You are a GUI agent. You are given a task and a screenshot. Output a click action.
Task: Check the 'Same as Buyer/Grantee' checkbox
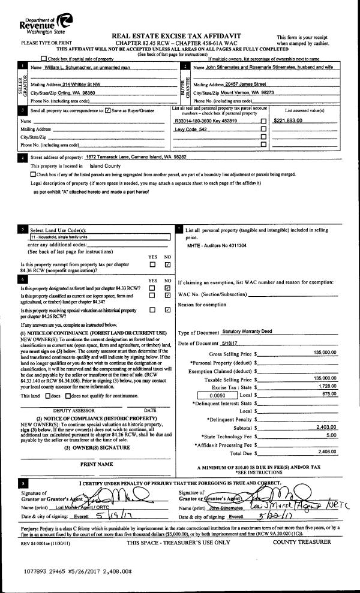pos(107,110)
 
